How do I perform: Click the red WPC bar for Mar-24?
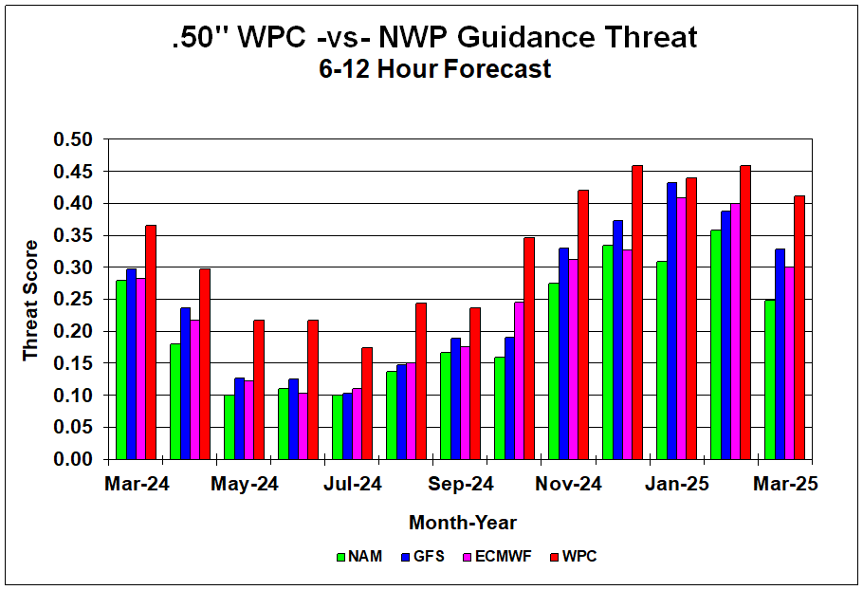pos(151,341)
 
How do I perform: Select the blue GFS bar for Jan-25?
pos(672,321)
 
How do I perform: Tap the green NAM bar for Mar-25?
pos(769,379)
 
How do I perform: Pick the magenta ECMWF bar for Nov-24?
pos(574,359)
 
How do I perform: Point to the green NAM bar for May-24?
pos(229,427)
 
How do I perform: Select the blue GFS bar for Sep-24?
pos(456,398)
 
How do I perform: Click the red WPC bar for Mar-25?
pos(799,327)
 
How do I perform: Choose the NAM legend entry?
pos(359,557)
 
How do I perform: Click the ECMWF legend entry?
pos(498,557)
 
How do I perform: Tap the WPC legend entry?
pos(574,557)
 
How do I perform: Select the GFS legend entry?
pos(423,557)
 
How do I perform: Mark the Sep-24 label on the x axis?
pos(461,485)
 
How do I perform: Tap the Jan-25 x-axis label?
pos(677,485)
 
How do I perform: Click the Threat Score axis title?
pos(30,301)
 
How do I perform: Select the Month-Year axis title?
pos(463,523)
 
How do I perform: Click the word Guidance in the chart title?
pos(526,37)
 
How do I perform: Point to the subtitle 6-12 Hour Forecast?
pos(434,69)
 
